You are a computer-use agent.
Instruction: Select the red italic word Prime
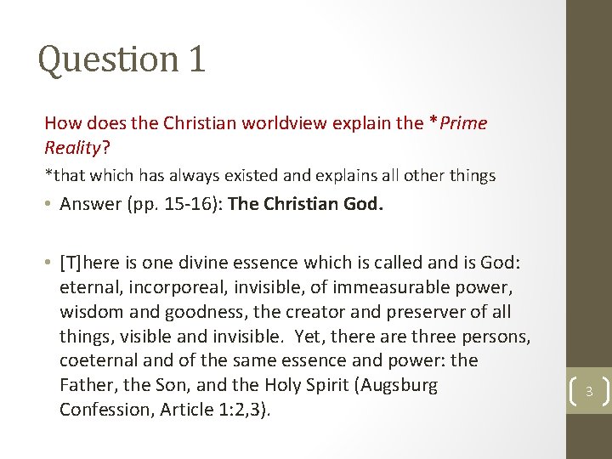461,123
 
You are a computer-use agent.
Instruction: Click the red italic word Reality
72,148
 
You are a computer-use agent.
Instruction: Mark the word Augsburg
398,385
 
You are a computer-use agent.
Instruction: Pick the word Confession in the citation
102,410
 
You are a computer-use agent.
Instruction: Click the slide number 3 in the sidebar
588,391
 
